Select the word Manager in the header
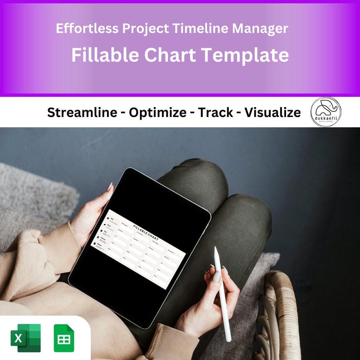(x=260, y=29)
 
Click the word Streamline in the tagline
(x=82, y=112)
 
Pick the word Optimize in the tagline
(x=157, y=112)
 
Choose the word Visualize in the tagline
(x=272, y=112)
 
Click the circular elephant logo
(x=326, y=112)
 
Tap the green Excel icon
(x=26, y=338)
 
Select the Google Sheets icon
(x=64, y=338)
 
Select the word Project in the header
(x=146, y=29)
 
